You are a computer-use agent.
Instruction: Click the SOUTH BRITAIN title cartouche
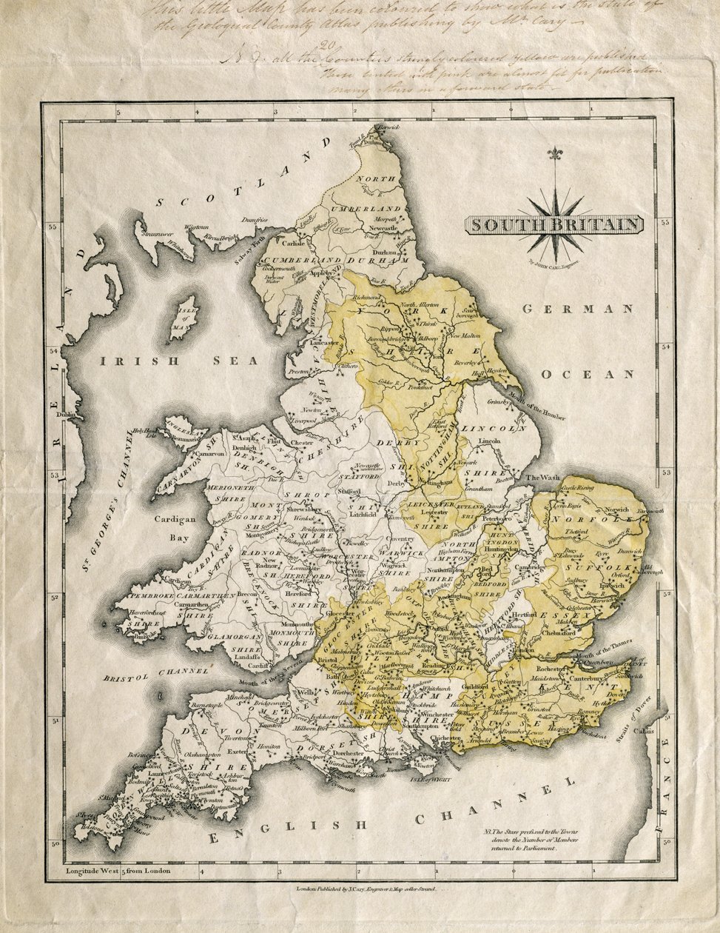554,224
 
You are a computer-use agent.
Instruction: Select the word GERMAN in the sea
578,309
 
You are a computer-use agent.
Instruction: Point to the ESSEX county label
568,615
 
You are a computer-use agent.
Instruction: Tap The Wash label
539,478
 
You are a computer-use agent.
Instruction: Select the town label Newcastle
386,229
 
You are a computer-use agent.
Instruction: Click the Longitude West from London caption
118,870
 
